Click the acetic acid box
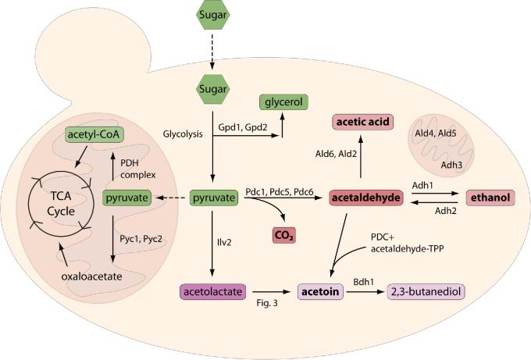tap(362, 122)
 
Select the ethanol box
tap(490, 198)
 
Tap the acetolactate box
tap(209, 291)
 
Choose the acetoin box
tap(320, 291)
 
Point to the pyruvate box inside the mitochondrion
tap(125, 198)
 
